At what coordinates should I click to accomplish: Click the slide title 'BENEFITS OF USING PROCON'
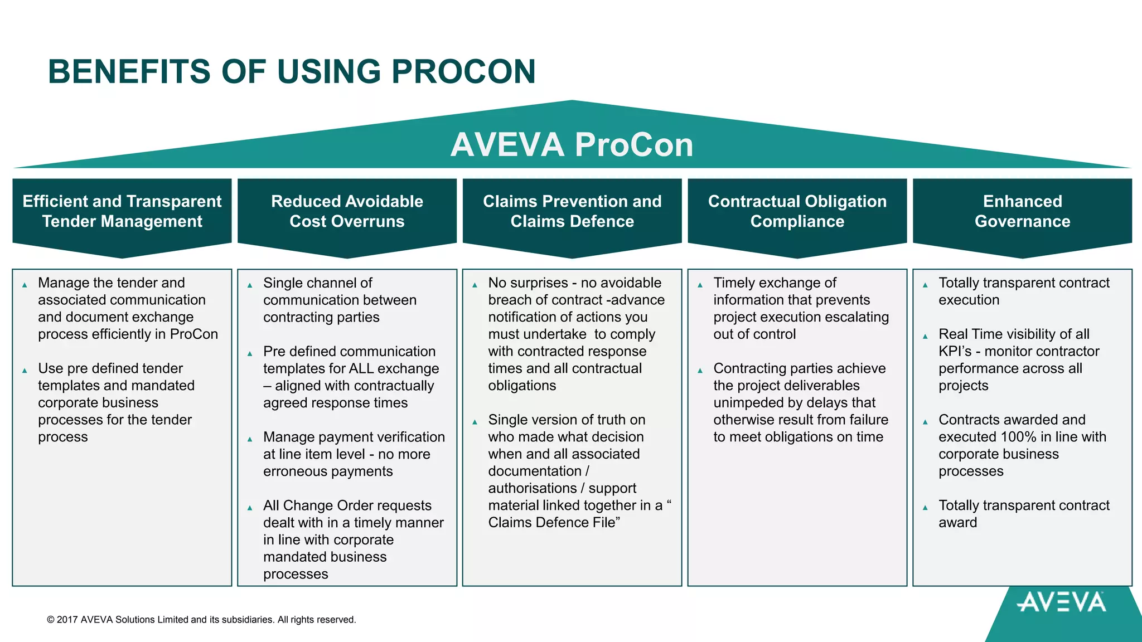(x=292, y=72)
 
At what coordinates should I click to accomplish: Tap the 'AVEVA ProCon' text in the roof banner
(x=572, y=145)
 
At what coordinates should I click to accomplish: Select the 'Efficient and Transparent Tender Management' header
(x=122, y=211)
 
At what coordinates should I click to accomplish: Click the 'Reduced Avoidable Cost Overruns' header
(x=347, y=211)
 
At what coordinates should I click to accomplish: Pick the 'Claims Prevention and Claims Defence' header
(x=572, y=211)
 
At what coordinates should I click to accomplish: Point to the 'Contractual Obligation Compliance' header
(x=797, y=211)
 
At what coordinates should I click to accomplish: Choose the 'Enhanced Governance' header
(x=1022, y=211)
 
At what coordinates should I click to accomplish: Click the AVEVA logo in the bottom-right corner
(x=1061, y=602)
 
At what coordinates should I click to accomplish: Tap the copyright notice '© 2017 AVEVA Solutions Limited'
(x=201, y=620)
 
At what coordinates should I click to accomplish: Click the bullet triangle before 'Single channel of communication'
(x=250, y=285)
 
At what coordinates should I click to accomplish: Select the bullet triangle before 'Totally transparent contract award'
(x=925, y=508)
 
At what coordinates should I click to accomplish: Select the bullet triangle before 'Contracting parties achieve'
(x=700, y=371)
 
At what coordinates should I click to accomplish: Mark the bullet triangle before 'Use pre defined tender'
(x=25, y=371)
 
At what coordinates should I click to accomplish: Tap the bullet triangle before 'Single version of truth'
(x=475, y=422)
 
